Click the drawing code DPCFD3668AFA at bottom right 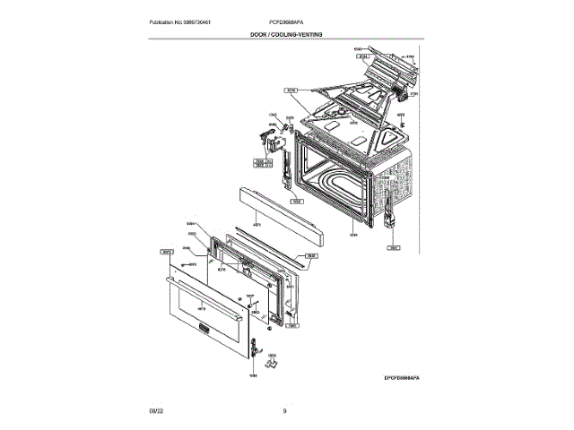click(396, 379)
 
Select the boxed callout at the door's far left click(166, 252)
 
